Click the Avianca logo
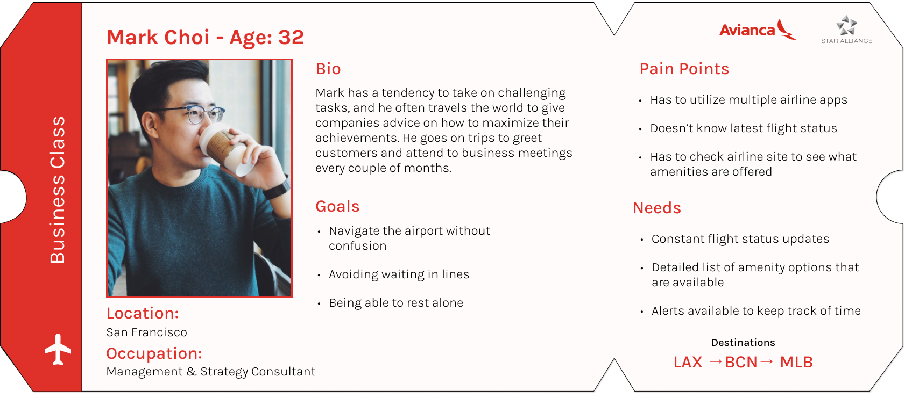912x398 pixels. point(758,29)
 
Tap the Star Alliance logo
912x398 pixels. point(846,30)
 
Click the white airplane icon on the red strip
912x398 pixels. point(58,349)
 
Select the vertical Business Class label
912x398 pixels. point(58,190)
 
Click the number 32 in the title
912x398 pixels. point(291,38)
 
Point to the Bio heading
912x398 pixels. point(328,69)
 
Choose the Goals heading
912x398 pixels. point(337,207)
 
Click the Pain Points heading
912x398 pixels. point(684,69)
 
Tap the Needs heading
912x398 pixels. point(657,208)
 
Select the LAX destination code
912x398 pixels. point(688,362)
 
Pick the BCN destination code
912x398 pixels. point(741,362)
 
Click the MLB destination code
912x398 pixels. point(796,362)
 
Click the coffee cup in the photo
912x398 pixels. point(226,150)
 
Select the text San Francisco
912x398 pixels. point(146,332)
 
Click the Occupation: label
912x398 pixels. point(154,353)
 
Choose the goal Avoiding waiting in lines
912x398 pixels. point(399,274)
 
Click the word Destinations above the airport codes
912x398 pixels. point(743,343)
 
